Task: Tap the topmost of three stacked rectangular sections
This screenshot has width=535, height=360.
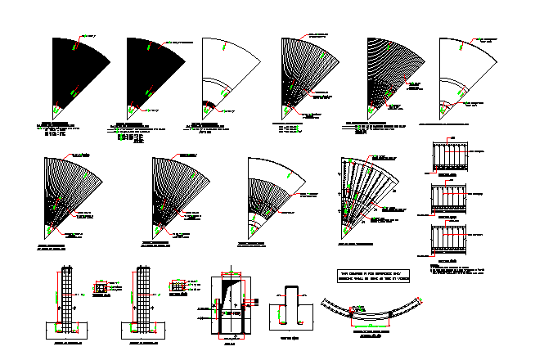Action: [x=447, y=155]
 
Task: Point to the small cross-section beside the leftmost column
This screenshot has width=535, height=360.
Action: [x=101, y=289]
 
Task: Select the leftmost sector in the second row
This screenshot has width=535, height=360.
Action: [x=70, y=192]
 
